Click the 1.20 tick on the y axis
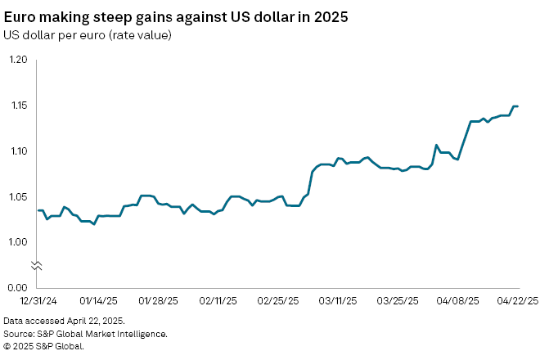click(x=18, y=61)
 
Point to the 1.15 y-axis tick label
click(x=18, y=106)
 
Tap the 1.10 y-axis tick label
click(x=18, y=151)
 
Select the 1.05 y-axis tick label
click(x=18, y=196)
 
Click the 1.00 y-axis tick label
click(x=18, y=242)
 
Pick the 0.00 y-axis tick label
click(x=18, y=287)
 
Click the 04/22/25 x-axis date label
click(x=518, y=300)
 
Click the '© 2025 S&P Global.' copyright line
click(x=43, y=346)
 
